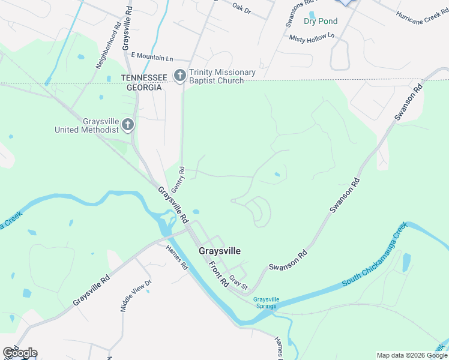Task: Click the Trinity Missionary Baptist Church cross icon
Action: coord(179,76)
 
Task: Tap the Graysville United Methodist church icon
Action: coord(127,125)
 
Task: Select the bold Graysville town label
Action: coord(220,251)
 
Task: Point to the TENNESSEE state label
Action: coord(145,78)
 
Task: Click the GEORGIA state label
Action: coord(143,87)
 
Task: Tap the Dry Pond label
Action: coord(321,21)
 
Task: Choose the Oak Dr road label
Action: coord(241,8)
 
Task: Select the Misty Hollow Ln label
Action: coord(312,38)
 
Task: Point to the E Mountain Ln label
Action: coord(151,58)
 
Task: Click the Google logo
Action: coord(20,353)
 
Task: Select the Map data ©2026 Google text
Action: coord(411,355)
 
